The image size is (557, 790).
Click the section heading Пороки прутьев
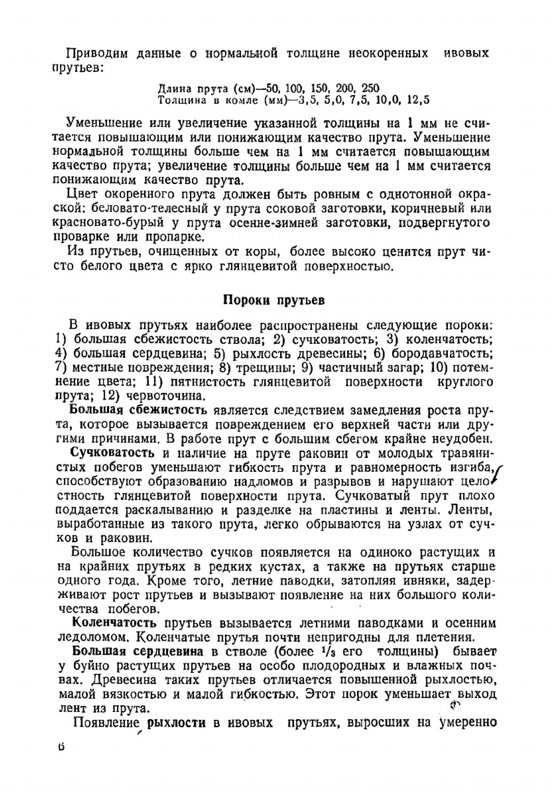tap(273, 300)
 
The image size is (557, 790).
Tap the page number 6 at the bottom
tap(61, 747)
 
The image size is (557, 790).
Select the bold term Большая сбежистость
tap(138, 411)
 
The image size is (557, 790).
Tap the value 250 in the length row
tap(370, 88)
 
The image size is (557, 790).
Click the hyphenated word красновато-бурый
tap(106, 223)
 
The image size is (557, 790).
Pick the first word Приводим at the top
tap(97, 53)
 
